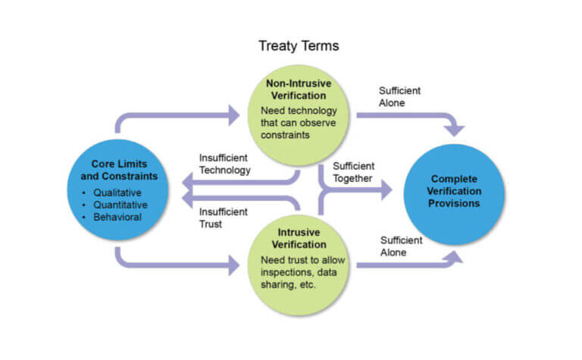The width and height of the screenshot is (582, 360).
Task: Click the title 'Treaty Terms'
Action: coord(298,45)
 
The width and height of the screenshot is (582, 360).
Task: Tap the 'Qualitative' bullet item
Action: coord(120,193)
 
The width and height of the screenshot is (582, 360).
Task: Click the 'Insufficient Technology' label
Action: coord(224,164)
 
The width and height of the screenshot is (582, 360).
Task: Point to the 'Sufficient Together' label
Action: coord(353,172)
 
